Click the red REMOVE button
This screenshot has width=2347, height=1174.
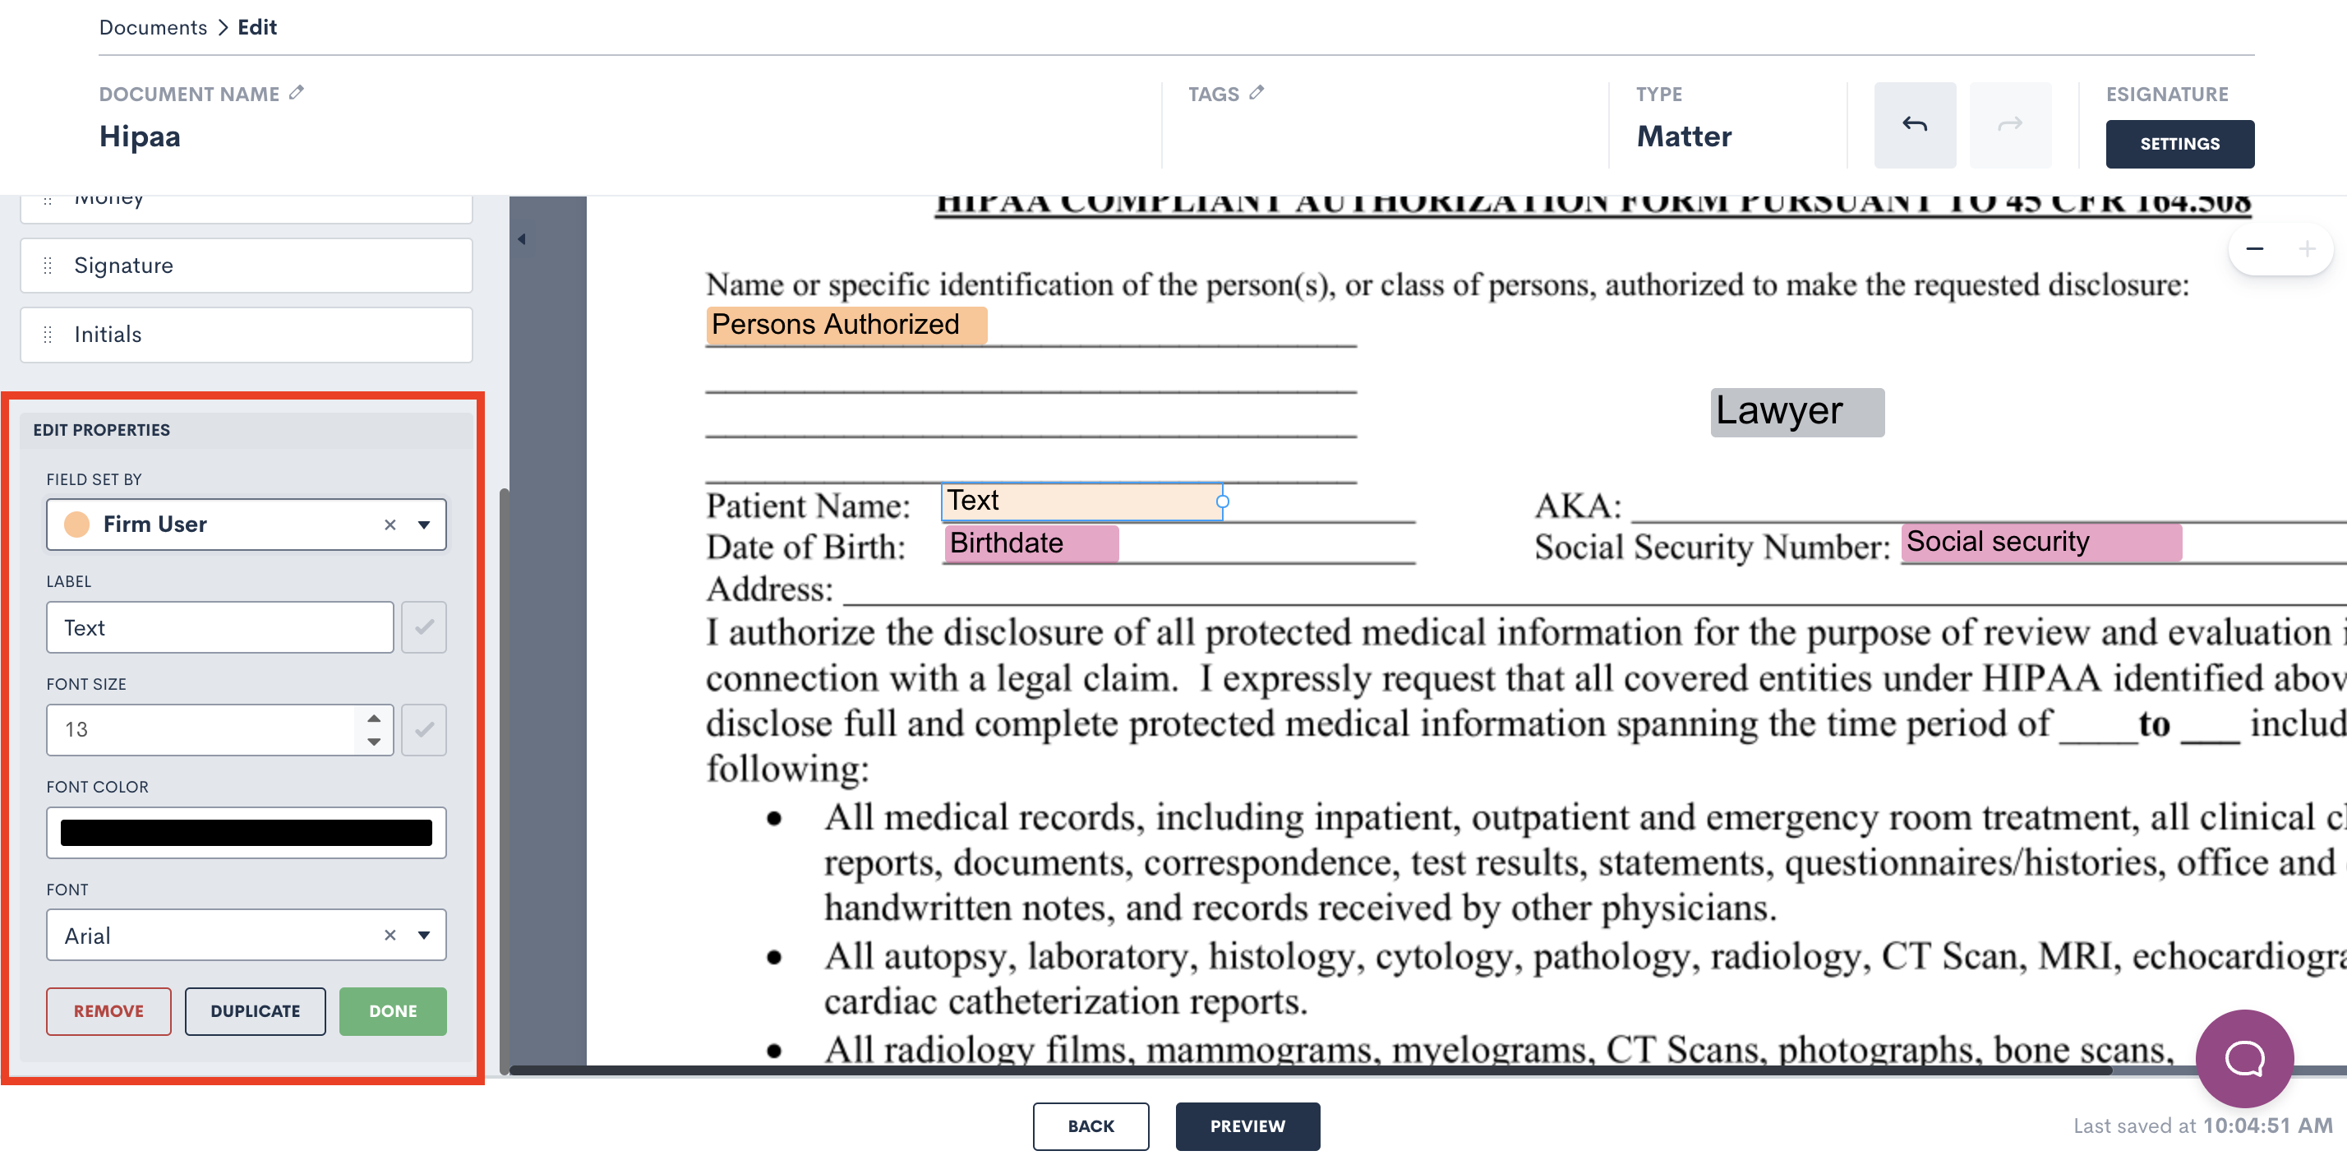pyautogui.click(x=108, y=1011)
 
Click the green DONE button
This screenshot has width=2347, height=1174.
pyautogui.click(x=393, y=1011)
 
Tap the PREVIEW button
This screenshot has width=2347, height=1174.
pyautogui.click(x=1247, y=1125)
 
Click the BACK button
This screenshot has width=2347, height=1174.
pyautogui.click(x=1090, y=1125)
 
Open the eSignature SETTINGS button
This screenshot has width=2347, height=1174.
pyautogui.click(x=2179, y=144)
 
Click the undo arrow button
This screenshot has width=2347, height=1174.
pyautogui.click(x=1914, y=125)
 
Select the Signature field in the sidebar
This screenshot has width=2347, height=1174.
pyautogui.click(x=246, y=266)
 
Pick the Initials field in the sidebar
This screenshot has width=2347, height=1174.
pyautogui.click(x=246, y=335)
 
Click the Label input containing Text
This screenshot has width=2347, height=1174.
pyautogui.click(x=219, y=627)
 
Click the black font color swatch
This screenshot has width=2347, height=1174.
pyautogui.click(x=246, y=832)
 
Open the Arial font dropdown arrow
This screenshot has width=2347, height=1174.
pyautogui.click(x=424, y=936)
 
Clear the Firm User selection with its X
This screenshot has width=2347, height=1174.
pyautogui.click(x=390, y=525)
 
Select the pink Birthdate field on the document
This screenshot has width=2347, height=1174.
pyautogui.click(x=1030, y=543)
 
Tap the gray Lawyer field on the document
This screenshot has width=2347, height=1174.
pyautogui.click(x=1796, y=412)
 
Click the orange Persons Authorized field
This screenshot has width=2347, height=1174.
pyautogui.click(x=846, y=325)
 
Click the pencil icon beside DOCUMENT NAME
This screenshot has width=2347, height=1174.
pyautogui.click(x=296, y=93)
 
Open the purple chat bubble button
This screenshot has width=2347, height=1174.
pyautogui.click(x=2243, y=1057)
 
